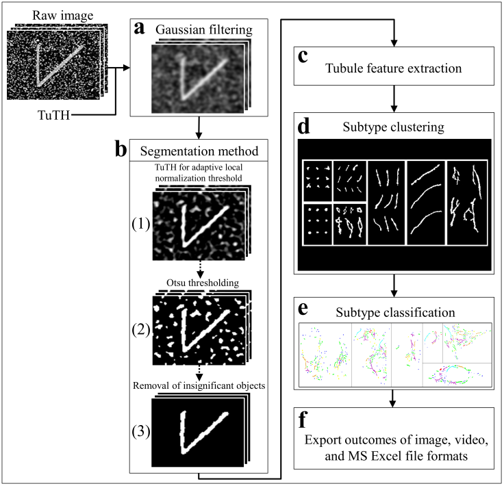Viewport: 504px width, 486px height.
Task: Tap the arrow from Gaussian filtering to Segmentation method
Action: pyautogui.click(x=197, y=127)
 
